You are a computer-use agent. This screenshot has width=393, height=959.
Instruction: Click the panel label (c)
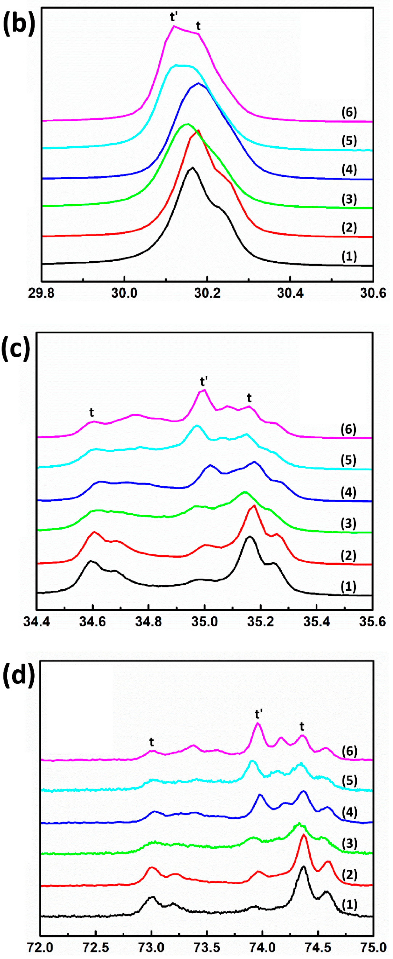click(16, 348)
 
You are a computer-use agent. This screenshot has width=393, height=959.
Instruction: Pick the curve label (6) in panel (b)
click(349, 112)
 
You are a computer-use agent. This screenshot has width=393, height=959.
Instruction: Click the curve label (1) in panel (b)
click(349, 256)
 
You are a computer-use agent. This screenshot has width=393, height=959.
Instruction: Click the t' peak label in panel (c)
click(204, 381)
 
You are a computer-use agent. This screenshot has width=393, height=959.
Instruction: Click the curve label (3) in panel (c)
click(348, 523)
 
